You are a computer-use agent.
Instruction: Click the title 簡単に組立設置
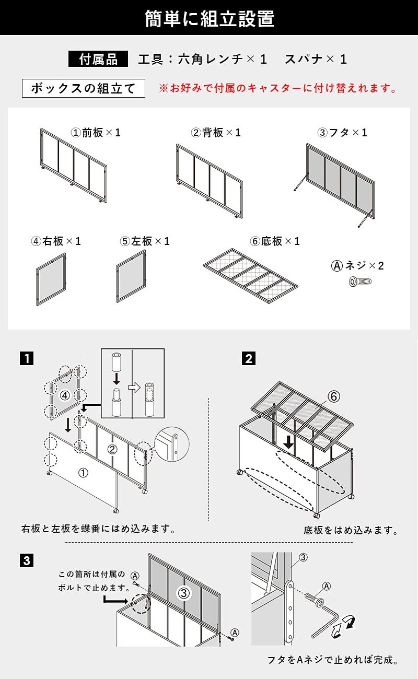coord(209,18)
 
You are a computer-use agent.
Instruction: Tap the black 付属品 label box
coord(98,59)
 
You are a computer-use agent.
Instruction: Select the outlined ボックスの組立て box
coord(83,88)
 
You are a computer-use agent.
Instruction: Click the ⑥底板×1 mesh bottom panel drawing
coord(251,277)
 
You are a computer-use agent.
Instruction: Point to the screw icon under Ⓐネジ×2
coord(360,282)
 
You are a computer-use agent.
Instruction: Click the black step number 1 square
coord(27,359)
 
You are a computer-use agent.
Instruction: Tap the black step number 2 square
coord(249,359)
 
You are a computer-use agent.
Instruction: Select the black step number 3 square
coord(27,561)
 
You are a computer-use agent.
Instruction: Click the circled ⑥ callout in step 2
coord(334,396)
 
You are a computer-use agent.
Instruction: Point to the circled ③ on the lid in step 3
coord(183,593)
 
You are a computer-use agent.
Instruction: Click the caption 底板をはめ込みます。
coord(351,530)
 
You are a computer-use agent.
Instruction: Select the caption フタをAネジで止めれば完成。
coord(333,660)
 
